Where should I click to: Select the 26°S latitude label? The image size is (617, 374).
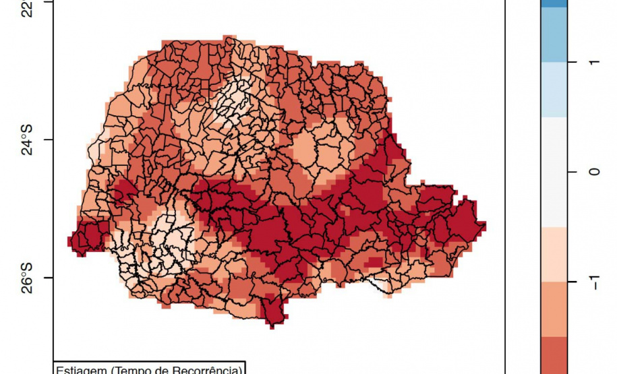tap(26, 277)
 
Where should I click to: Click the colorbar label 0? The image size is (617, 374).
tap(593, 172)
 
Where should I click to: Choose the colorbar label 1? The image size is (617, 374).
tap(593, 62)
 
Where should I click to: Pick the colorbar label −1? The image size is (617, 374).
tap(593, 281)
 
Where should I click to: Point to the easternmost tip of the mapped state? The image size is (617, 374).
tap(483, 225)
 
